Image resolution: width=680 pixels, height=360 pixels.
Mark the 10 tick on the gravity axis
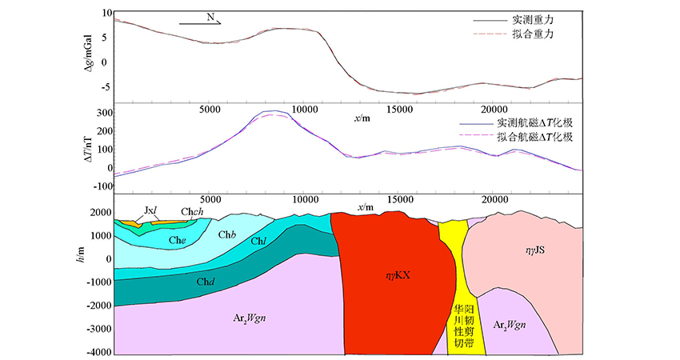pos(102,14)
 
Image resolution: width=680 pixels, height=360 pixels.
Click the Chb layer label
pos(227,234)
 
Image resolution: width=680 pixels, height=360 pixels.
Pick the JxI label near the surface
pos(150,210)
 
